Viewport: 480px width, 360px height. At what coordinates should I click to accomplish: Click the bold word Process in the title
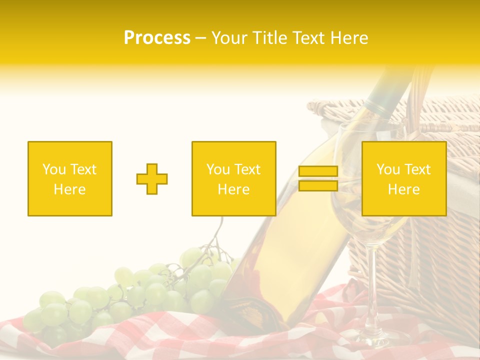click(157, 38)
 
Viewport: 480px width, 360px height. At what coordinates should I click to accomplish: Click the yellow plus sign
click(152, 179)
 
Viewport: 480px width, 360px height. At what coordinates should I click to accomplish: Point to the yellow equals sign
click(318, 178)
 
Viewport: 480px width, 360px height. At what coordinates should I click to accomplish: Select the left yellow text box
click(70, 179)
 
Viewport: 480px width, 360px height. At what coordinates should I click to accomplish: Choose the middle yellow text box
click(233, 179)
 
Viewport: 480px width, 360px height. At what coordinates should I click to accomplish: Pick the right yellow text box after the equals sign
click(403, 179)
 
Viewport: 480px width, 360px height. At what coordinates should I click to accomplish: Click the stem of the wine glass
click(371, 280)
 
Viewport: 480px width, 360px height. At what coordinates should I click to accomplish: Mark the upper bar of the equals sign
click(318, 171)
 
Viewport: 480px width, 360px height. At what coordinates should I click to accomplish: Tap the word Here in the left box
click(69, 189)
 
